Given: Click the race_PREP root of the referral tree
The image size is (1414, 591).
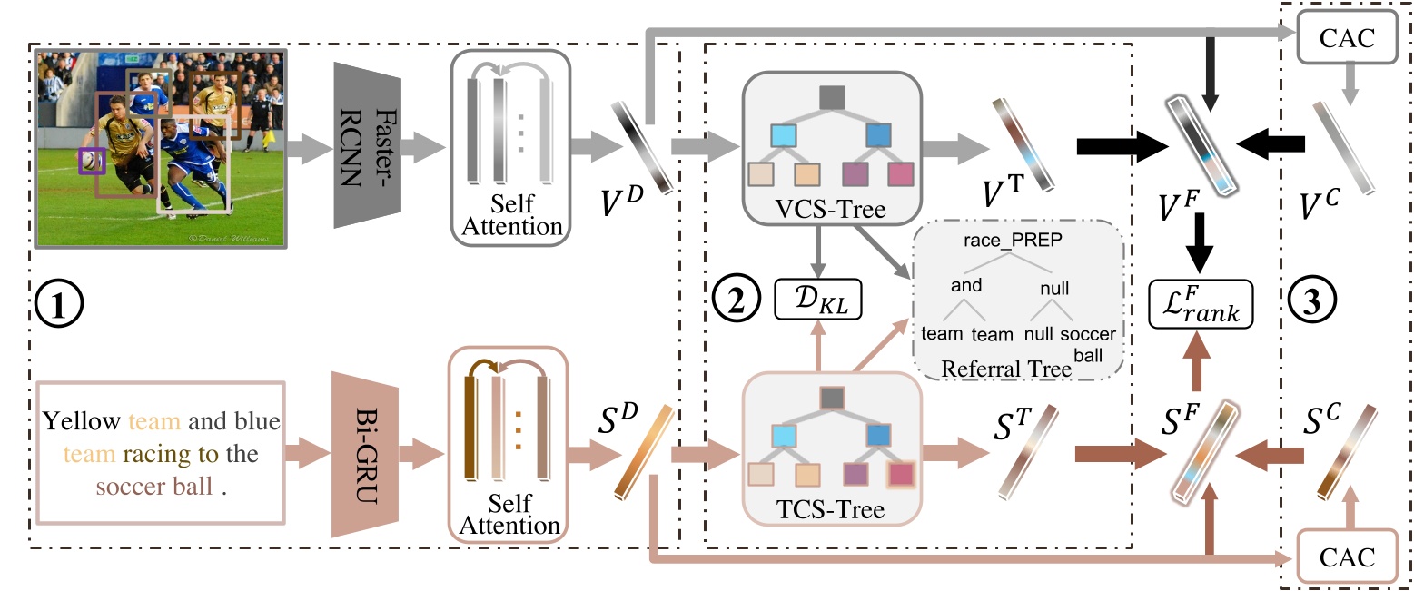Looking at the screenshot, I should click(x=1014, y=241).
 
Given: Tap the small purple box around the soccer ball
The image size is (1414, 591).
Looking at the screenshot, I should click(x=92, y=162).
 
